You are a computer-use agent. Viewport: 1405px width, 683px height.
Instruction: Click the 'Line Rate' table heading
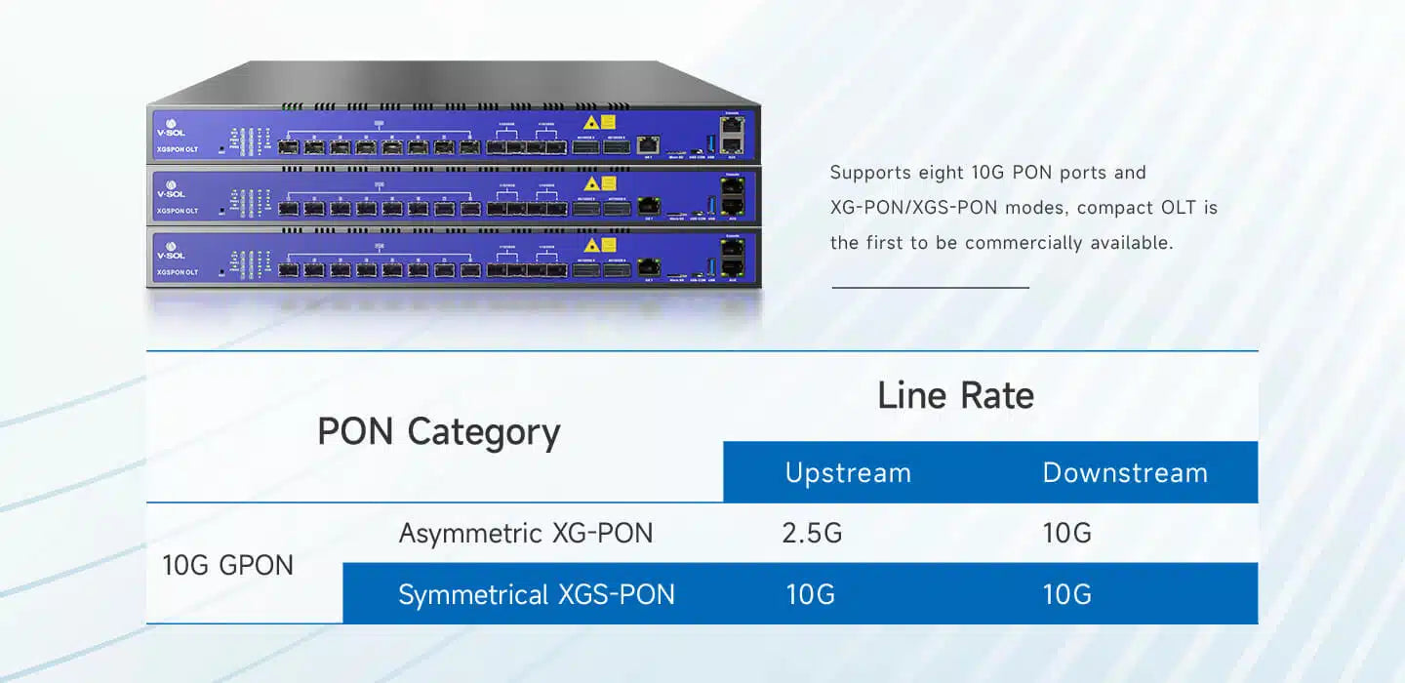955,395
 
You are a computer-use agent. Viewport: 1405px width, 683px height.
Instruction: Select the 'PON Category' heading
439,431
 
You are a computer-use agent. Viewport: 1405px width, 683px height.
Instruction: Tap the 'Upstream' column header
848,473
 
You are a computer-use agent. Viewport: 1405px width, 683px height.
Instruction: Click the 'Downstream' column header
1125,473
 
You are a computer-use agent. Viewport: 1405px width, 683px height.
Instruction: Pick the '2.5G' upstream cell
812,534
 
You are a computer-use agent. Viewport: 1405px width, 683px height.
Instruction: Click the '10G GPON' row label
227,565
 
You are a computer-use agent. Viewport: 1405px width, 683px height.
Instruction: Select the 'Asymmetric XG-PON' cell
526,534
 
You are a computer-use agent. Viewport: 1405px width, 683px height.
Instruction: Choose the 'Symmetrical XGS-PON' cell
536,594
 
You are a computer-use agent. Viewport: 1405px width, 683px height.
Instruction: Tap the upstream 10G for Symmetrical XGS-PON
811,594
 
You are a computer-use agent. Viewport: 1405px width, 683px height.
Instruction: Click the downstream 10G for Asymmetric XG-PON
1066,534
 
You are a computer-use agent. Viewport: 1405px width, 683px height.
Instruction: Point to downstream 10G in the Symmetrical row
1066,594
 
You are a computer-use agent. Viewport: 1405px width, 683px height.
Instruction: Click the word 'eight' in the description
942,173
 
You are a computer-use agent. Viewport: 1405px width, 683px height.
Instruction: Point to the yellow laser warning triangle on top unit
590,123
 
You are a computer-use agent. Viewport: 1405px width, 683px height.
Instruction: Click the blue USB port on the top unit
710,144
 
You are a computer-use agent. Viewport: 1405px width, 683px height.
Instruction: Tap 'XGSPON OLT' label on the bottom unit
178,272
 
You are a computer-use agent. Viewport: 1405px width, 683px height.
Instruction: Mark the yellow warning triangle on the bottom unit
590,244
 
